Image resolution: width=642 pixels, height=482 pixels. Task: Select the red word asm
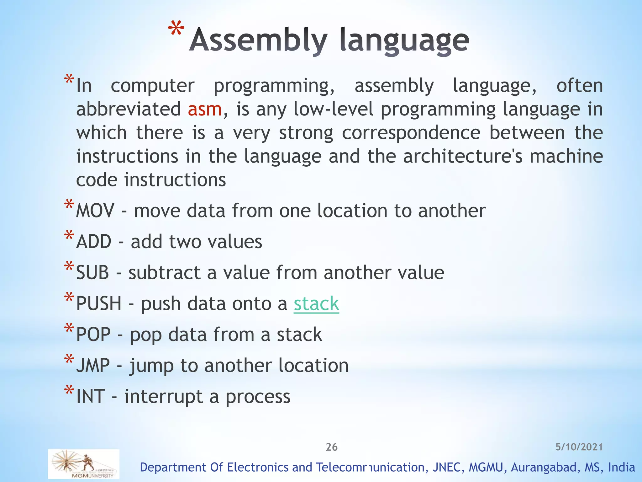205,109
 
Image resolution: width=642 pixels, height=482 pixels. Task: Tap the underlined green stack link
316,304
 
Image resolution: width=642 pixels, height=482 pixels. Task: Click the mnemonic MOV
95,211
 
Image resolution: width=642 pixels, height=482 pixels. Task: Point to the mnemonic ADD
94,242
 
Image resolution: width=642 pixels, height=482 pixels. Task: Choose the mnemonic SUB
93,272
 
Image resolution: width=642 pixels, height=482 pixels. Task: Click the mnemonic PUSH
99,304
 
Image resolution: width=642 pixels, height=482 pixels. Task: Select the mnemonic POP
93,335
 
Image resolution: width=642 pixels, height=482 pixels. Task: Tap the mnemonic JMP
93,366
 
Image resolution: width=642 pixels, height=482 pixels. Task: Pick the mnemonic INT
91,396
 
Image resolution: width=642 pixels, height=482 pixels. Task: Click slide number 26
331,447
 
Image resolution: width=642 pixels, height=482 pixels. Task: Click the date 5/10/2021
579,447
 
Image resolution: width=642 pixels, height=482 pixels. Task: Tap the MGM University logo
84,464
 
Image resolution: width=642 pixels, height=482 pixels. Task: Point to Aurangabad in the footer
545,467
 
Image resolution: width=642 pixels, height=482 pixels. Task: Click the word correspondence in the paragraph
411,133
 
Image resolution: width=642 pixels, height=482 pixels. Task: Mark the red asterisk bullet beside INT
69,391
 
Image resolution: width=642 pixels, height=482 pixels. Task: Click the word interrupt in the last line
163,396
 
